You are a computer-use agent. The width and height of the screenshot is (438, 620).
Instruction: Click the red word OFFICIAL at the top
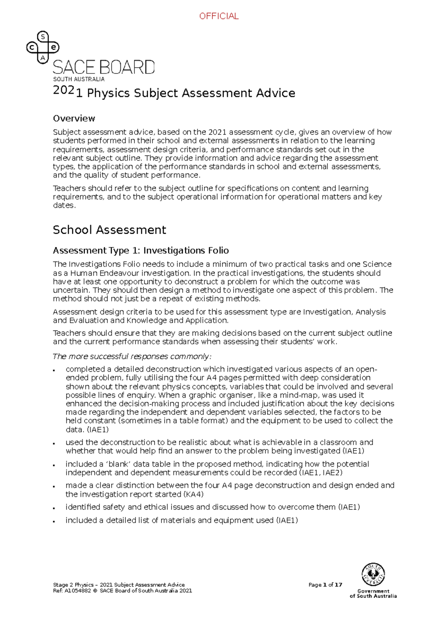219,16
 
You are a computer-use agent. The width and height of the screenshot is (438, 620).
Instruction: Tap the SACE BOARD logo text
104,68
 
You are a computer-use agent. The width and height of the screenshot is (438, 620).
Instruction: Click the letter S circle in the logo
43,37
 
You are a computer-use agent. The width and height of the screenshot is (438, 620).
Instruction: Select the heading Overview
74,118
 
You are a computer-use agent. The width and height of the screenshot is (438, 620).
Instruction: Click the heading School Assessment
109,230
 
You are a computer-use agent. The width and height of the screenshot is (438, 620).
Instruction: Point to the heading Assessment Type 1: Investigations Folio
141,250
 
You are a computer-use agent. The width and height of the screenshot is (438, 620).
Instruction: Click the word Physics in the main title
108,93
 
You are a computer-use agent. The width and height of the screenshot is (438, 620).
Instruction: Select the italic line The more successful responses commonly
132,356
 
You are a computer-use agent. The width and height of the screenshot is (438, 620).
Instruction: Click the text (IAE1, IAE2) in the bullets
321,473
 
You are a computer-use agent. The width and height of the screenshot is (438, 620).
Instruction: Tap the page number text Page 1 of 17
325,585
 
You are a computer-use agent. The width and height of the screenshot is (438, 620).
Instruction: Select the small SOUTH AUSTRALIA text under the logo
79,79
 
